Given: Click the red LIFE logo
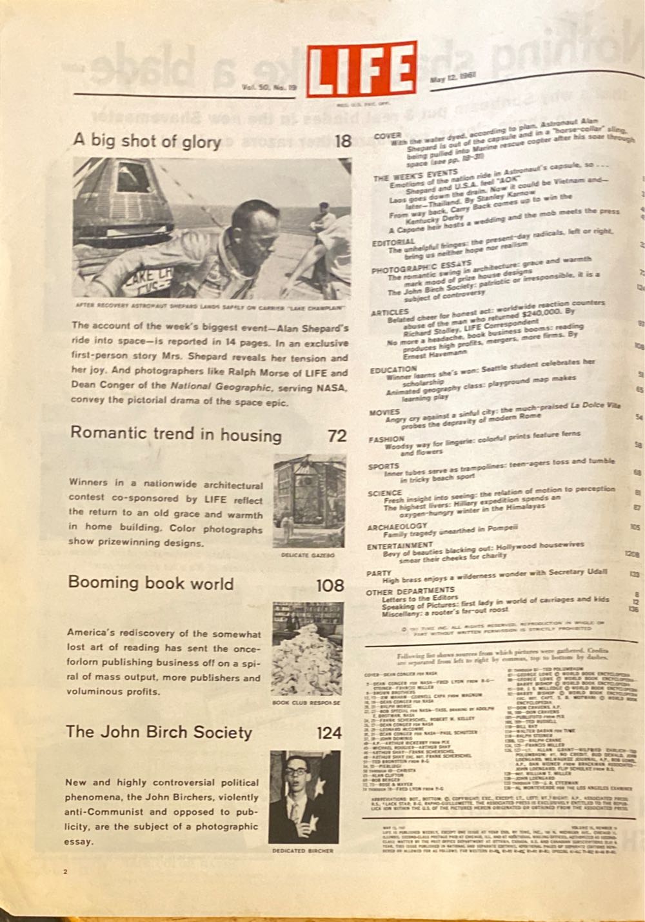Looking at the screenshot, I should pos(361,68).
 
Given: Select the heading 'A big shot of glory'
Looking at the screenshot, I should pos(147,141).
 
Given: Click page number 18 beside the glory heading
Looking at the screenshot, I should pos(343,141).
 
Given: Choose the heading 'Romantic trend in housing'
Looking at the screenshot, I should pos(175,434).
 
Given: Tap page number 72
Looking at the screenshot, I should pos(337,436).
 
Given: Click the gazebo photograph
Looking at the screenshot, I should pos(308,501).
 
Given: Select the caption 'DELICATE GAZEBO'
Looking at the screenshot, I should pos(308,555).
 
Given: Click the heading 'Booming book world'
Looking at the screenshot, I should pos(151,583).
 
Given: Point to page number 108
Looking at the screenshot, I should pos(330,586).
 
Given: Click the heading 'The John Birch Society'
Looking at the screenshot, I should pos(159,732).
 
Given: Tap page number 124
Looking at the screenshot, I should pos(329,734).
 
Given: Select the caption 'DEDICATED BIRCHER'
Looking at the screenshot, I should pos(303,851).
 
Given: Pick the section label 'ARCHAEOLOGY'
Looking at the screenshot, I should pos(397,526).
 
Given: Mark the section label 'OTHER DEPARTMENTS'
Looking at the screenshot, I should pos(410,591).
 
